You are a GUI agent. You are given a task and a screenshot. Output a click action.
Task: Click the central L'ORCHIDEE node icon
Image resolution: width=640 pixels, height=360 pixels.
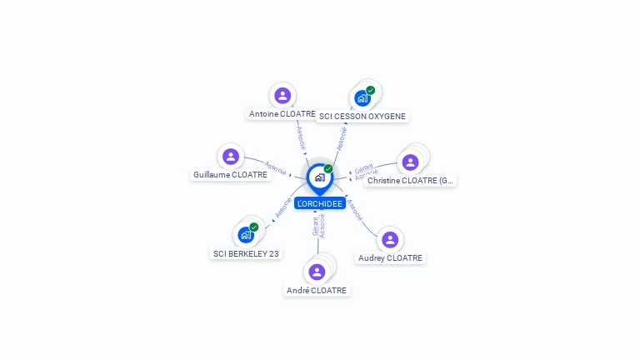click(x=319, y=177)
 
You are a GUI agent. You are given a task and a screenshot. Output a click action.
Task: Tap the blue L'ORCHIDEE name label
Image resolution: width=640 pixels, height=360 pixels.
click(x=319, y=203)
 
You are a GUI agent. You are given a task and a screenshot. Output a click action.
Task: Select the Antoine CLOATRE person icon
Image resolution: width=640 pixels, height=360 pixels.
click(x=282, y=95)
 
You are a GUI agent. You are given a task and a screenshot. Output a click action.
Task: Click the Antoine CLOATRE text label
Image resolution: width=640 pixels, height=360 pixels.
click(x=282, y=113)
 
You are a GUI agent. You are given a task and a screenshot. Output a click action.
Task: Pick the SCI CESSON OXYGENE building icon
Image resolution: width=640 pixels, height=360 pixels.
click(x=362, y=98)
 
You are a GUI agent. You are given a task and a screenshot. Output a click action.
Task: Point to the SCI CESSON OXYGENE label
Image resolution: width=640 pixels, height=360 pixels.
click(x=362, y=117)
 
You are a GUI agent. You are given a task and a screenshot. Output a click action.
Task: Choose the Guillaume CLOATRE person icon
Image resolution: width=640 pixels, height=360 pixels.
click(x=231, y=156)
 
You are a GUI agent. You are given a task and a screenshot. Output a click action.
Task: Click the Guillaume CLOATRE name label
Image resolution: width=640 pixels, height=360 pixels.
click(x=230, y=175)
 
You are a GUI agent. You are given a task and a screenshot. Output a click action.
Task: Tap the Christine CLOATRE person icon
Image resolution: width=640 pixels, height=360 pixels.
click(x=410, y=162)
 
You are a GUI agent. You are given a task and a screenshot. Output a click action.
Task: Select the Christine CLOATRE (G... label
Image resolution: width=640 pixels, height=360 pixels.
click(x=411, y=181)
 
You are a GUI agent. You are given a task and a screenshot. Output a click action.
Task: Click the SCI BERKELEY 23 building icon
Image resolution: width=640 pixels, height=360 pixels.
click(x=246, y=235)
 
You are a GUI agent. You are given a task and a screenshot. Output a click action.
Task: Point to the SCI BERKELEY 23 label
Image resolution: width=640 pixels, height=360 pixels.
click(x=246, y=253)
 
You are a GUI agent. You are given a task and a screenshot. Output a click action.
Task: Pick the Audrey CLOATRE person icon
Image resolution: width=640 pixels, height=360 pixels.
click(x=390, y=240)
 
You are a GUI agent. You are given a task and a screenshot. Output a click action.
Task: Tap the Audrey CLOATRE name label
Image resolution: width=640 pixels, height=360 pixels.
click(x=390, y=258)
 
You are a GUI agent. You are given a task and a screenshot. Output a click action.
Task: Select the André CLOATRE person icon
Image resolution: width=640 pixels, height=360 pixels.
click(x=317, y=272)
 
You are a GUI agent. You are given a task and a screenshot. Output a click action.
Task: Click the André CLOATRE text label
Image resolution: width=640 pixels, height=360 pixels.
click(x=317, y=290)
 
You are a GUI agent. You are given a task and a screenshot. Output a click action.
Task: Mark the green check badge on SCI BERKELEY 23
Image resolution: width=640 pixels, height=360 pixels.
click(x=254, y=227)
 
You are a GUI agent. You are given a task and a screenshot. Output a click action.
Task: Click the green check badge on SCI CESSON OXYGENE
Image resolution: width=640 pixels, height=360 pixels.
click(x=371, y=90)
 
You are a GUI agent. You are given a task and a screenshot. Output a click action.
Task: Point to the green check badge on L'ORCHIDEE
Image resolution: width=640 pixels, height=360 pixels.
click(x=328, y=168)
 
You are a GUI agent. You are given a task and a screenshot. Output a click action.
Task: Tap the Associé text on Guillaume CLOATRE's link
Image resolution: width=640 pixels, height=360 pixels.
click(x=276, y=167)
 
